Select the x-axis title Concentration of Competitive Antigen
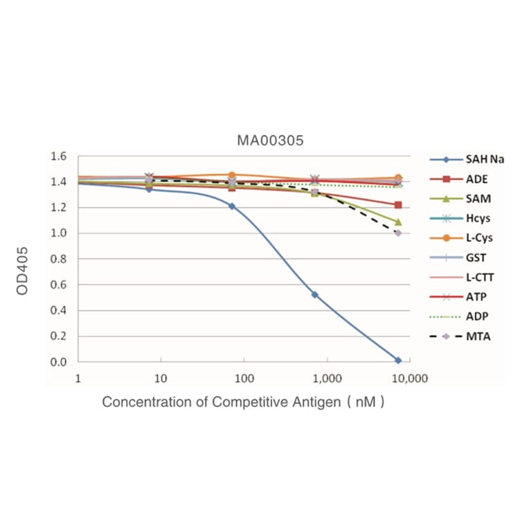242,402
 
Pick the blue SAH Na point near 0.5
315,295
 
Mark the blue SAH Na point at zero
398,360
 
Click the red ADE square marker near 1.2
398,205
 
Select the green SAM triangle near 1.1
398,222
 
